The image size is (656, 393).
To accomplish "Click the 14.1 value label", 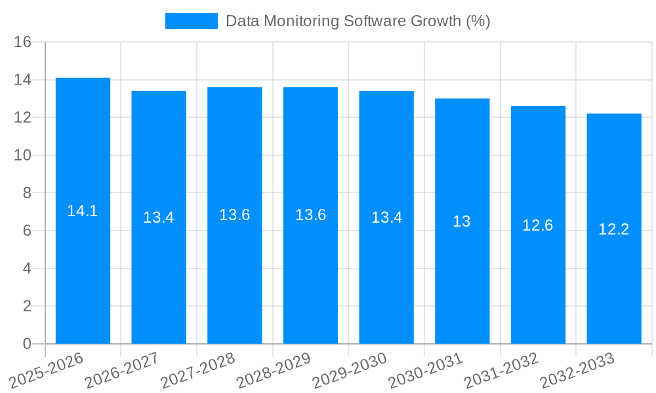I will [83, 211].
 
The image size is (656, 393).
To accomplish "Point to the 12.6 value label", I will [538, 225].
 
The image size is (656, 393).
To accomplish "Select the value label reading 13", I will [462, 221].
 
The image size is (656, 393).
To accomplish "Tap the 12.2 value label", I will [614, 229].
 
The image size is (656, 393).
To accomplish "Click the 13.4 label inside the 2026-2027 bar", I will [159, 217].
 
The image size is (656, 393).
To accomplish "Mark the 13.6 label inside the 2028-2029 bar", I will [311, 215].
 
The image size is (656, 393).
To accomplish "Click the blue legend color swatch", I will [191, 21].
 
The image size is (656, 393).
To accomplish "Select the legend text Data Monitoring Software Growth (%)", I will [358, 21].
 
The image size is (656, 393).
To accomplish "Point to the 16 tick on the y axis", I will [23, 42].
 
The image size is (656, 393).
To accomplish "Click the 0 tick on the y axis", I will [27, 344].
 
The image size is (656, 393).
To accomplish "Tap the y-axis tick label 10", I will [23, 155].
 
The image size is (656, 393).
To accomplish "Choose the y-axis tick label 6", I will [27, 231].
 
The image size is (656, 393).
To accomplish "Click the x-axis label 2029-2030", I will [350, 370].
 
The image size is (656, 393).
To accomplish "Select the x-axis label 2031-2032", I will [502, 370].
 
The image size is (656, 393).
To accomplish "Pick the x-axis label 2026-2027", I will [122, 370].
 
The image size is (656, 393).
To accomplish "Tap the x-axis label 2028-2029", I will [274, 370].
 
